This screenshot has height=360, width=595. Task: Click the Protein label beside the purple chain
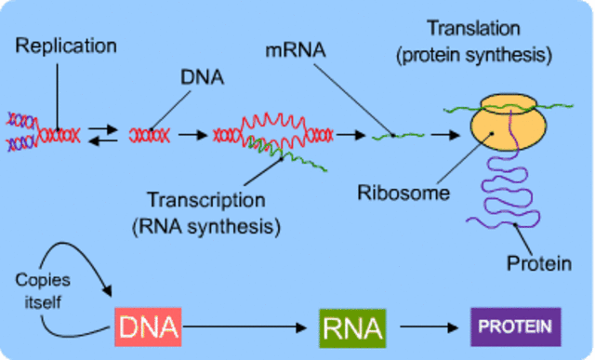tap(538, 264)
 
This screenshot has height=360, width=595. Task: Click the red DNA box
tap(147, 327)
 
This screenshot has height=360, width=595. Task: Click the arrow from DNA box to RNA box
tap(246, 327)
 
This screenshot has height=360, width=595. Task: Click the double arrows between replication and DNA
tap(108, 135)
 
